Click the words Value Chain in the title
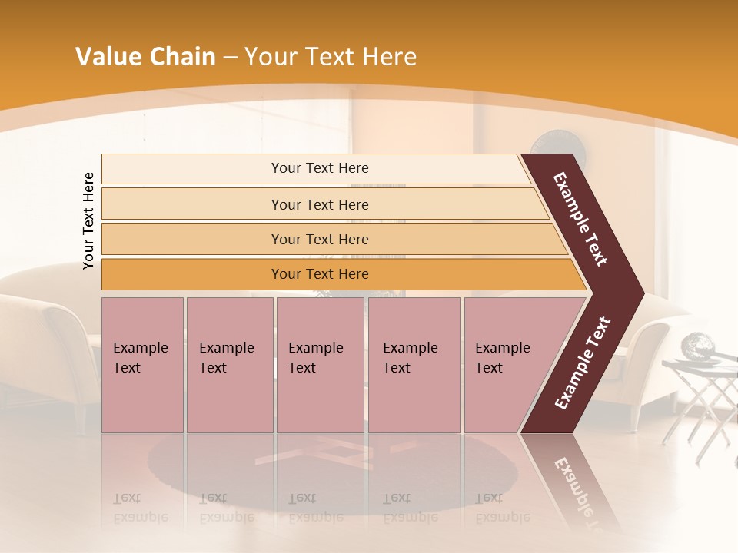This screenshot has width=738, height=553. [145, 57]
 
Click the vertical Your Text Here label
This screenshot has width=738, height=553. [88, 220]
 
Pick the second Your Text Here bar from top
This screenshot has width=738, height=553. [320, 204]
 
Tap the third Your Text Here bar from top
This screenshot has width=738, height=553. [320, 239]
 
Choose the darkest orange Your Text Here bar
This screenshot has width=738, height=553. [320, 274]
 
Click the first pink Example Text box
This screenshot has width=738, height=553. [142, 365]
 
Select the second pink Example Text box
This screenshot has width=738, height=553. [229, 365]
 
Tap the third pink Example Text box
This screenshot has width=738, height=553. [320, 365]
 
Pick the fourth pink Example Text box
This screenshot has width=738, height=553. [414, 365]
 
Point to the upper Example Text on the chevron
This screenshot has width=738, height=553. [580, 219]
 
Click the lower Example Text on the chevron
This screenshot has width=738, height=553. [583, 363]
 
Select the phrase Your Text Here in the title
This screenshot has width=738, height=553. [331, 57]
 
